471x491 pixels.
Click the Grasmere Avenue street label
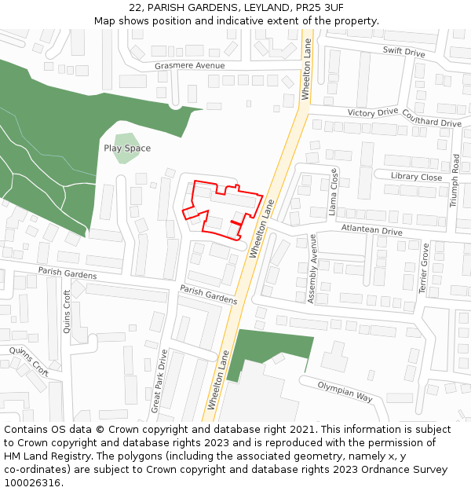tap(189, 66)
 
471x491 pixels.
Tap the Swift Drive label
tap(403, 53)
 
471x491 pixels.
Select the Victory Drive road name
tap(373, 113)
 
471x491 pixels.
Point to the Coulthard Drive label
tap(431, 117)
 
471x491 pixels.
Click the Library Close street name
tap(416, 177)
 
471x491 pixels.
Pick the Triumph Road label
tap(455, 181)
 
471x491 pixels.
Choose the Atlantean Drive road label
tap(371, 230)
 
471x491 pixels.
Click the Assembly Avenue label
tap(312, 279)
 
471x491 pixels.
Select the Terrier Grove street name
tap(425, 269)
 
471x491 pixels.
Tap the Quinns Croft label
tap(29, 362)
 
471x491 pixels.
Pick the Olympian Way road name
tap(345, 391)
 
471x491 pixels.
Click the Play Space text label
tap(127, 148)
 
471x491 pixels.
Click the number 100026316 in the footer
tap(31, 482)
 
